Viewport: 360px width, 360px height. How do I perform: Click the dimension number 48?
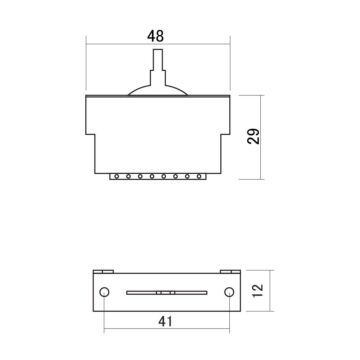pyautogui.click(x=154, y=36)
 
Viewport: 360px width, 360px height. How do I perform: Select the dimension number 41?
pyautogui.click(x=165, y=322)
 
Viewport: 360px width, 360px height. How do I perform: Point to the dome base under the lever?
pyautogui.click(x=154, y=91)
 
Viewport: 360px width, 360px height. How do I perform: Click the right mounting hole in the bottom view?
pyautogui.click(x=230, y=292)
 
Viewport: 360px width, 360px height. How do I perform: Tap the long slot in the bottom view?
pyautogui.click(x=165, y=292)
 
